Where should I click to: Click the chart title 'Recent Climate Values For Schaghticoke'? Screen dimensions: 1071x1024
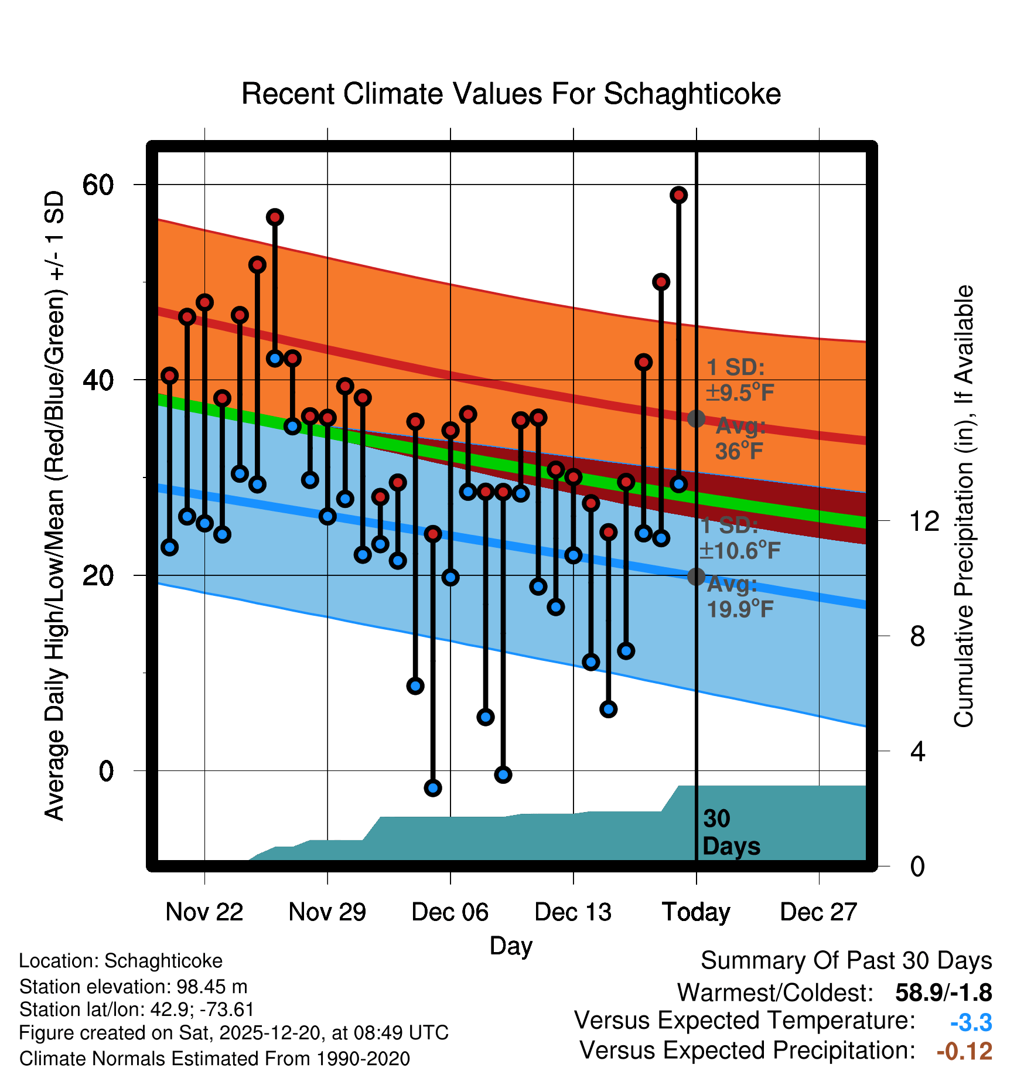(x=511, y=94)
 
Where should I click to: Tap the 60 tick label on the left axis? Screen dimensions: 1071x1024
(x=98, y=185)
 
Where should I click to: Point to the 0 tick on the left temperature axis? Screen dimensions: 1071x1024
(x=106, y=771)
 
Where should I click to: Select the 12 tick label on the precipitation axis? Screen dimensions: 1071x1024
(x=924, y=521)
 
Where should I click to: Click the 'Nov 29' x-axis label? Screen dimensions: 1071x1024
(x=327, y=912)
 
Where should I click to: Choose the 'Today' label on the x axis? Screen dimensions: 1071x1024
(x=696, y=912)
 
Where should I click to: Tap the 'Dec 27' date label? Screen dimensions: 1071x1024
(x=818, y=912)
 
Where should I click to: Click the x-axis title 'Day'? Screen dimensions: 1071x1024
(x=511, y=946)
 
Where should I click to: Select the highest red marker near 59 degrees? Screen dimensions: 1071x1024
(x=678, y=195)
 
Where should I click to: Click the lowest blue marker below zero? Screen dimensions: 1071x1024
(x=433, y=788)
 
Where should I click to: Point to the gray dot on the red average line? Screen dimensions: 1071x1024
(x=696, y=419)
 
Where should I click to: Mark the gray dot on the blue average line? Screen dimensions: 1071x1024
(x=696, y=577)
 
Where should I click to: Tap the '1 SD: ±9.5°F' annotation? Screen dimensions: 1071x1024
(x=739, y=380)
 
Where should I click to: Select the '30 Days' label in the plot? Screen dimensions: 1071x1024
(x=731, y=833)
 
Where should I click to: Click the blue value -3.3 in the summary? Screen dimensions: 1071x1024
(x=971, y=1023)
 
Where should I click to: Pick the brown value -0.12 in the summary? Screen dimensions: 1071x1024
(x=964, y=1051)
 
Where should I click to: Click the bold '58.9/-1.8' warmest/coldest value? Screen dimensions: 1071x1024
(x=943, y=993)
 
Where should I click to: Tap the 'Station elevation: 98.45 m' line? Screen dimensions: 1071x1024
(x=133, y=987)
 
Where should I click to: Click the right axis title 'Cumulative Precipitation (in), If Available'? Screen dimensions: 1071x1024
(x=964, y=506)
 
